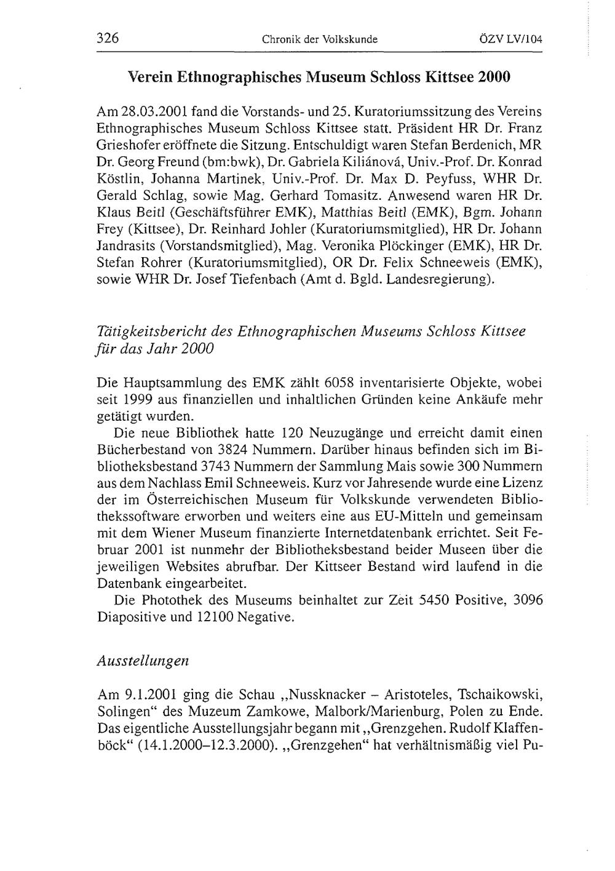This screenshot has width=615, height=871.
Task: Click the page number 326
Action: pos(107,39)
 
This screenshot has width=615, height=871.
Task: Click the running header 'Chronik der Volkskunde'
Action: pos(319,40)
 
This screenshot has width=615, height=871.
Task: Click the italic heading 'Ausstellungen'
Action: pos(143,661)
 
